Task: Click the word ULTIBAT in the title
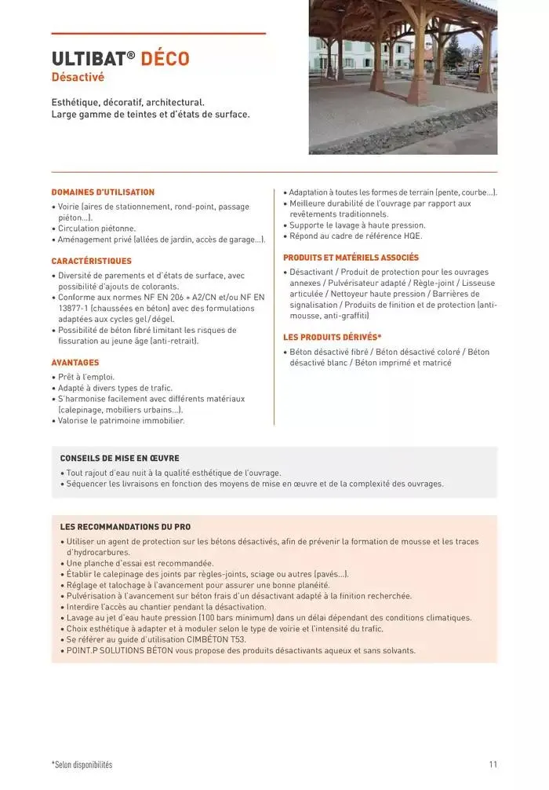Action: pos(88,59)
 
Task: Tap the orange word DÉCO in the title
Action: pos(165,59)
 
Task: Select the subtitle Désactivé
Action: pos(78,78)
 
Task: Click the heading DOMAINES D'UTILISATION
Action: pos(103,192)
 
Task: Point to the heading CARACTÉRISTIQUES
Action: pos(91,261)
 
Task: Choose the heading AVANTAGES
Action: pos(75,363)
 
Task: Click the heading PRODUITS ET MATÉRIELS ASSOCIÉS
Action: pos(351,258)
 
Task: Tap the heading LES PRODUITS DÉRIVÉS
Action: pos(332,337)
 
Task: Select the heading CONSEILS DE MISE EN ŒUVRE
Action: pos(119,459)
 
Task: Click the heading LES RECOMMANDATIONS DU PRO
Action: pos(125,527)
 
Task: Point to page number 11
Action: pos(493,764)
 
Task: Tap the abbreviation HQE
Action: pos(413,236)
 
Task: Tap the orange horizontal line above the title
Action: pos(158,34)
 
